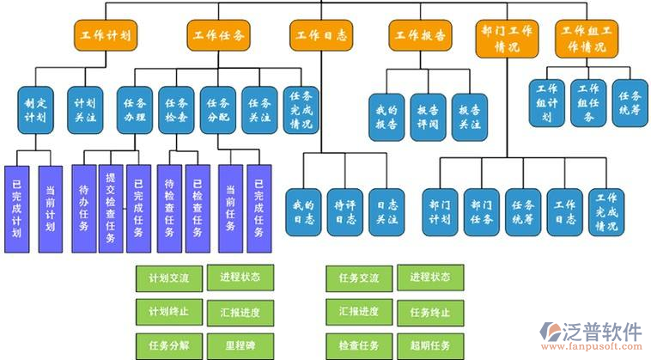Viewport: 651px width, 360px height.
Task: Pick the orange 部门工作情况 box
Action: (507, 39)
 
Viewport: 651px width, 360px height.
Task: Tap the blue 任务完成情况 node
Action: (301, 107)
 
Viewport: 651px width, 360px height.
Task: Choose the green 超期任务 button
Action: (430, 345)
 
